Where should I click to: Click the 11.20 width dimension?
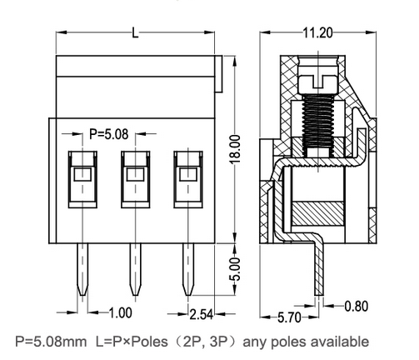click(317, 33)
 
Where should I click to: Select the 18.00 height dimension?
click(235, 149)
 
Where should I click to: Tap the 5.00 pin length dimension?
click(236, 269)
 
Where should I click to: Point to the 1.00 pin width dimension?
click(120, 313)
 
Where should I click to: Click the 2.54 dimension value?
click(202, 314)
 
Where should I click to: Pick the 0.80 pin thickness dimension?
click(357, 306)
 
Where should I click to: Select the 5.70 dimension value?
click(289, 317)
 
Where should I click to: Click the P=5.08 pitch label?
click(108, 134)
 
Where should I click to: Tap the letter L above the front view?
click(135, 32)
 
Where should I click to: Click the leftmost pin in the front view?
click(82, 269)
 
